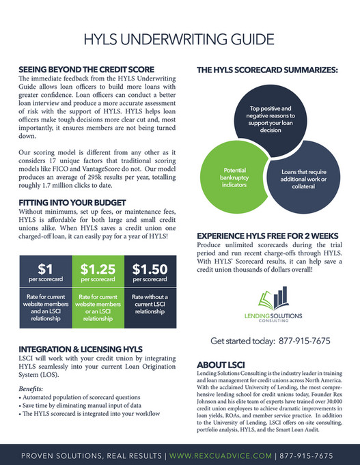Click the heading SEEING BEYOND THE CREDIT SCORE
click(x=86, y=70)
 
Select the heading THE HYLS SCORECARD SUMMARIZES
click(x=267, y=70)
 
